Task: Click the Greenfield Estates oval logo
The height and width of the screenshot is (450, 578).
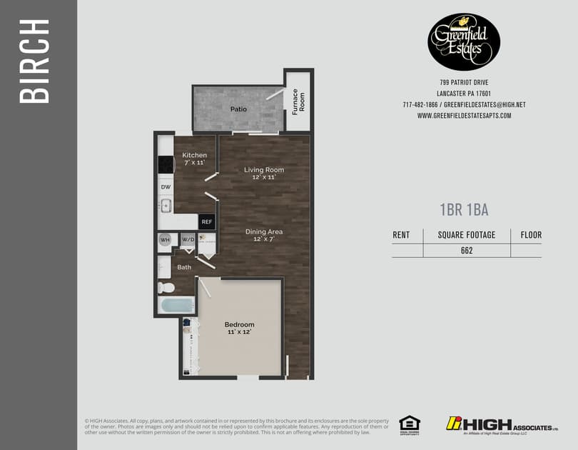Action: [x=463, y=41]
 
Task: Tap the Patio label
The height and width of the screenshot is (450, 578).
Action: [x=238, y=109]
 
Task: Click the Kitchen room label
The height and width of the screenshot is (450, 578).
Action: [x=194, y=155]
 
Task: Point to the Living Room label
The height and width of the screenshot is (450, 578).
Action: [x=264, y=170]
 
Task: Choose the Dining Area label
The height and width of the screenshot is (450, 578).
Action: [x=264, y=231]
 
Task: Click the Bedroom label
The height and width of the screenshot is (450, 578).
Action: [x=239, y=324]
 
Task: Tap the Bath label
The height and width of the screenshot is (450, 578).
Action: [x=184, y=267]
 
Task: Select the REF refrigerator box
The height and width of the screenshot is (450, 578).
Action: [x=206, y=223]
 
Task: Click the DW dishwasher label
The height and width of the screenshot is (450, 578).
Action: [x=165, y=187]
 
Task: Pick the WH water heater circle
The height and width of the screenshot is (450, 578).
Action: [x=165, y=240]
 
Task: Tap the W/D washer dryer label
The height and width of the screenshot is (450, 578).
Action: [x=188, y=240]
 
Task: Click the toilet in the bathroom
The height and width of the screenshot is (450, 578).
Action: [x=166, y=288]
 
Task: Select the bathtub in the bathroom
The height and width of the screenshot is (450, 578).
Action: [x=176, y=306]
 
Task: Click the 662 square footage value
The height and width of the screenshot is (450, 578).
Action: [x=467, y=251]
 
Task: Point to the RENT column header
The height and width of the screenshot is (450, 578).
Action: [x=402, y=235]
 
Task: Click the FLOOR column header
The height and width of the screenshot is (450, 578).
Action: [x=531, y=235]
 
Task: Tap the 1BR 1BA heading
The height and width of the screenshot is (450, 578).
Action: [x=464, y=209]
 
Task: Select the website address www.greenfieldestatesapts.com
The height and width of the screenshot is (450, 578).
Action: [x=464, y=116]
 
